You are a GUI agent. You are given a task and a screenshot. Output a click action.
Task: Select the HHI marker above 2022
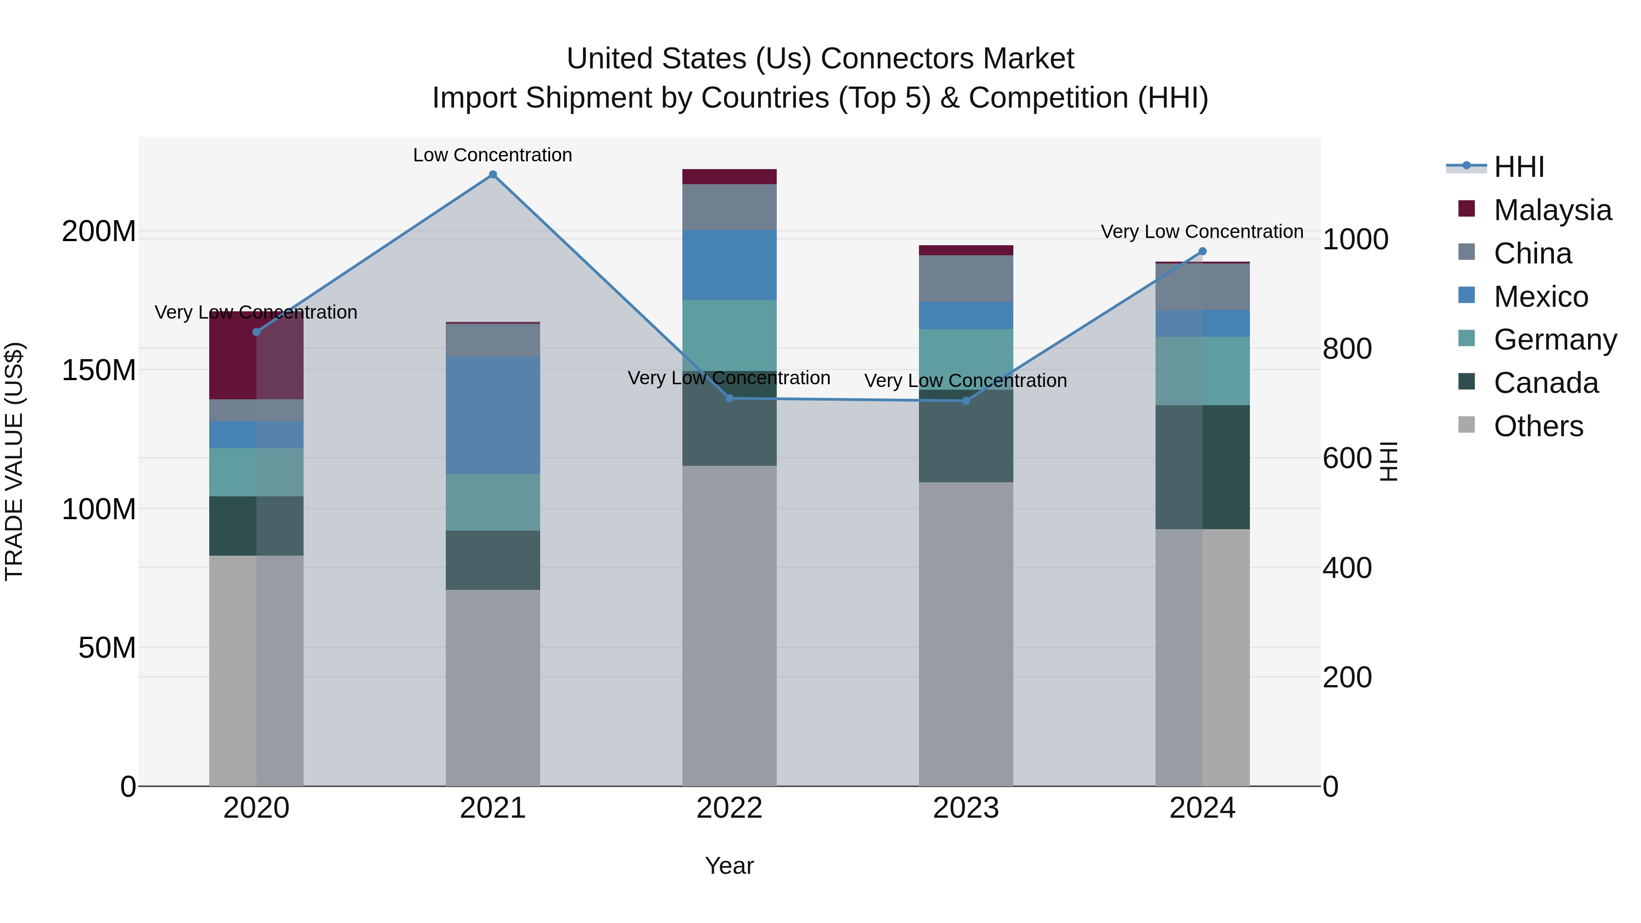point(729,398)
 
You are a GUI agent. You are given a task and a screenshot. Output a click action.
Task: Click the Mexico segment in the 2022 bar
point(729,265)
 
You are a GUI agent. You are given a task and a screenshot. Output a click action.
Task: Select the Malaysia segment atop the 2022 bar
point(729,176)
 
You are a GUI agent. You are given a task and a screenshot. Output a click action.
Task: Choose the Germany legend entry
point(1555,340)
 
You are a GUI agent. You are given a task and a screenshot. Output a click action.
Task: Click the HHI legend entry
point(1519,167)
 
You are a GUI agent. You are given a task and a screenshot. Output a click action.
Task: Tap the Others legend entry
point(1538,426)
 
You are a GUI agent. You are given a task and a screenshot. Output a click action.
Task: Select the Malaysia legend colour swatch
point(1466,209)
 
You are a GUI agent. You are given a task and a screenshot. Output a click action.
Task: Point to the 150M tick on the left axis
point(99,370)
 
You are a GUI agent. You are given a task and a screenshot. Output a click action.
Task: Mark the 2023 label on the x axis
point(966,808)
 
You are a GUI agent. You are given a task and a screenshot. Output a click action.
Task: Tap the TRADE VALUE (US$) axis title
point(14,461)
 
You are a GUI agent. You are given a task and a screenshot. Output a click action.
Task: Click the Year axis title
point(729,866)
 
